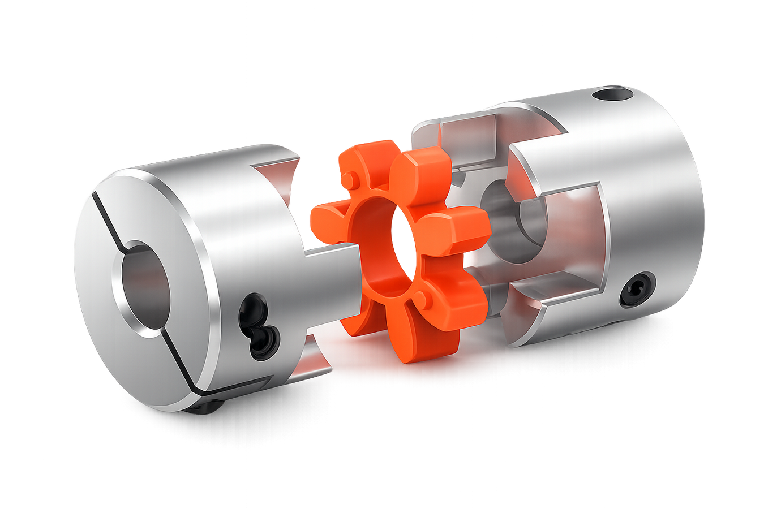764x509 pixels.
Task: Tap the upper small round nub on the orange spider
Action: point(352,180)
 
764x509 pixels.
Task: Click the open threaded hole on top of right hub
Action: point(613,93)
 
